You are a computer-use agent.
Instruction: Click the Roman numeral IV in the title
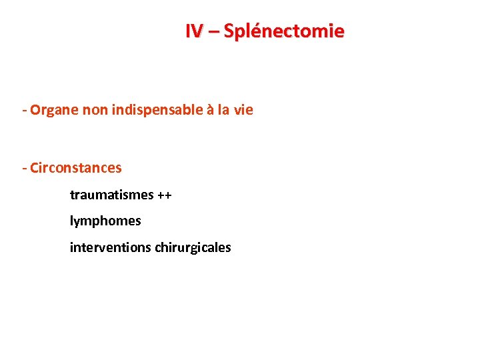coord(195,31)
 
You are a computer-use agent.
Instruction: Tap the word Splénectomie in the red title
coord(284,31)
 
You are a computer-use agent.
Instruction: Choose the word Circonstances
coord(76,167)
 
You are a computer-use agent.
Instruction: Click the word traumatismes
coord(111,195)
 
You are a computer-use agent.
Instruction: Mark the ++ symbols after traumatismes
coord(164,195)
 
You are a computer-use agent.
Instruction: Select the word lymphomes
coord(105,220)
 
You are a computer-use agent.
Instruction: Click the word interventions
coord(111,247)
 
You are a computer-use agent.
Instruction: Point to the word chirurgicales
coord(193,247)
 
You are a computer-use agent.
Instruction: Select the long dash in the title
coord(213,31)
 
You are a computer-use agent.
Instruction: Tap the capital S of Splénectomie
coord(229,31)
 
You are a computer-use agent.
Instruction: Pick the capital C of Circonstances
coord(34,167)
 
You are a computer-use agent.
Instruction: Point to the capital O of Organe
coord(35,110)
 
